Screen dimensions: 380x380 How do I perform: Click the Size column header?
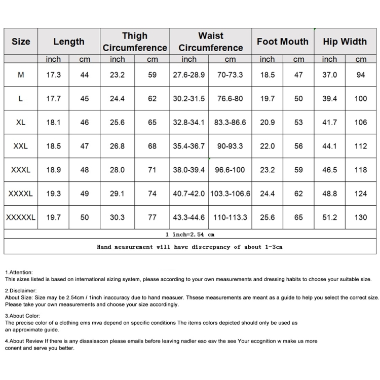[x=21, y=42]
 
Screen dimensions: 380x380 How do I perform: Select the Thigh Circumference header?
[x=135, y=42]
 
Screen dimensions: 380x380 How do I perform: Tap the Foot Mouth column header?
[x=282, y=42]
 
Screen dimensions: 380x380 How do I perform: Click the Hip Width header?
[x=345, y=42]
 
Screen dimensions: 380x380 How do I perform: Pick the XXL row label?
[x=21, y=146]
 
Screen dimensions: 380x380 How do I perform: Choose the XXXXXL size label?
[x=21, y=217]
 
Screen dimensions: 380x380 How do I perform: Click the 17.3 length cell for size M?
[x=53, y=74]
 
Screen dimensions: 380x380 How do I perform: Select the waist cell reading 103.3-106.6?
[x=230, y=194]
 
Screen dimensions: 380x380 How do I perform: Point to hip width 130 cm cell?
[x=361, y=217]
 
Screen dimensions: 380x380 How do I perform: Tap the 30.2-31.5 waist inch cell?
[x=189, y=98]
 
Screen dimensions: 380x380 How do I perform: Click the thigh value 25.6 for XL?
[x=117, y=122]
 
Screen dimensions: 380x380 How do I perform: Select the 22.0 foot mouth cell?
[x=267, y=146]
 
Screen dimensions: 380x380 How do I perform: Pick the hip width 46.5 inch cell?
[x=329, y=170]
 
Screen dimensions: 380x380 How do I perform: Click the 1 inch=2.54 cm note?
[x=190, y=235]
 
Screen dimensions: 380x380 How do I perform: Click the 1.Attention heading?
[x=19, y=272]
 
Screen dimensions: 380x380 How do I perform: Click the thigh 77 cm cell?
[x=152, y=217]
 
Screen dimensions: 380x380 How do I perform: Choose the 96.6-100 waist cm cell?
[x=230, y=170]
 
